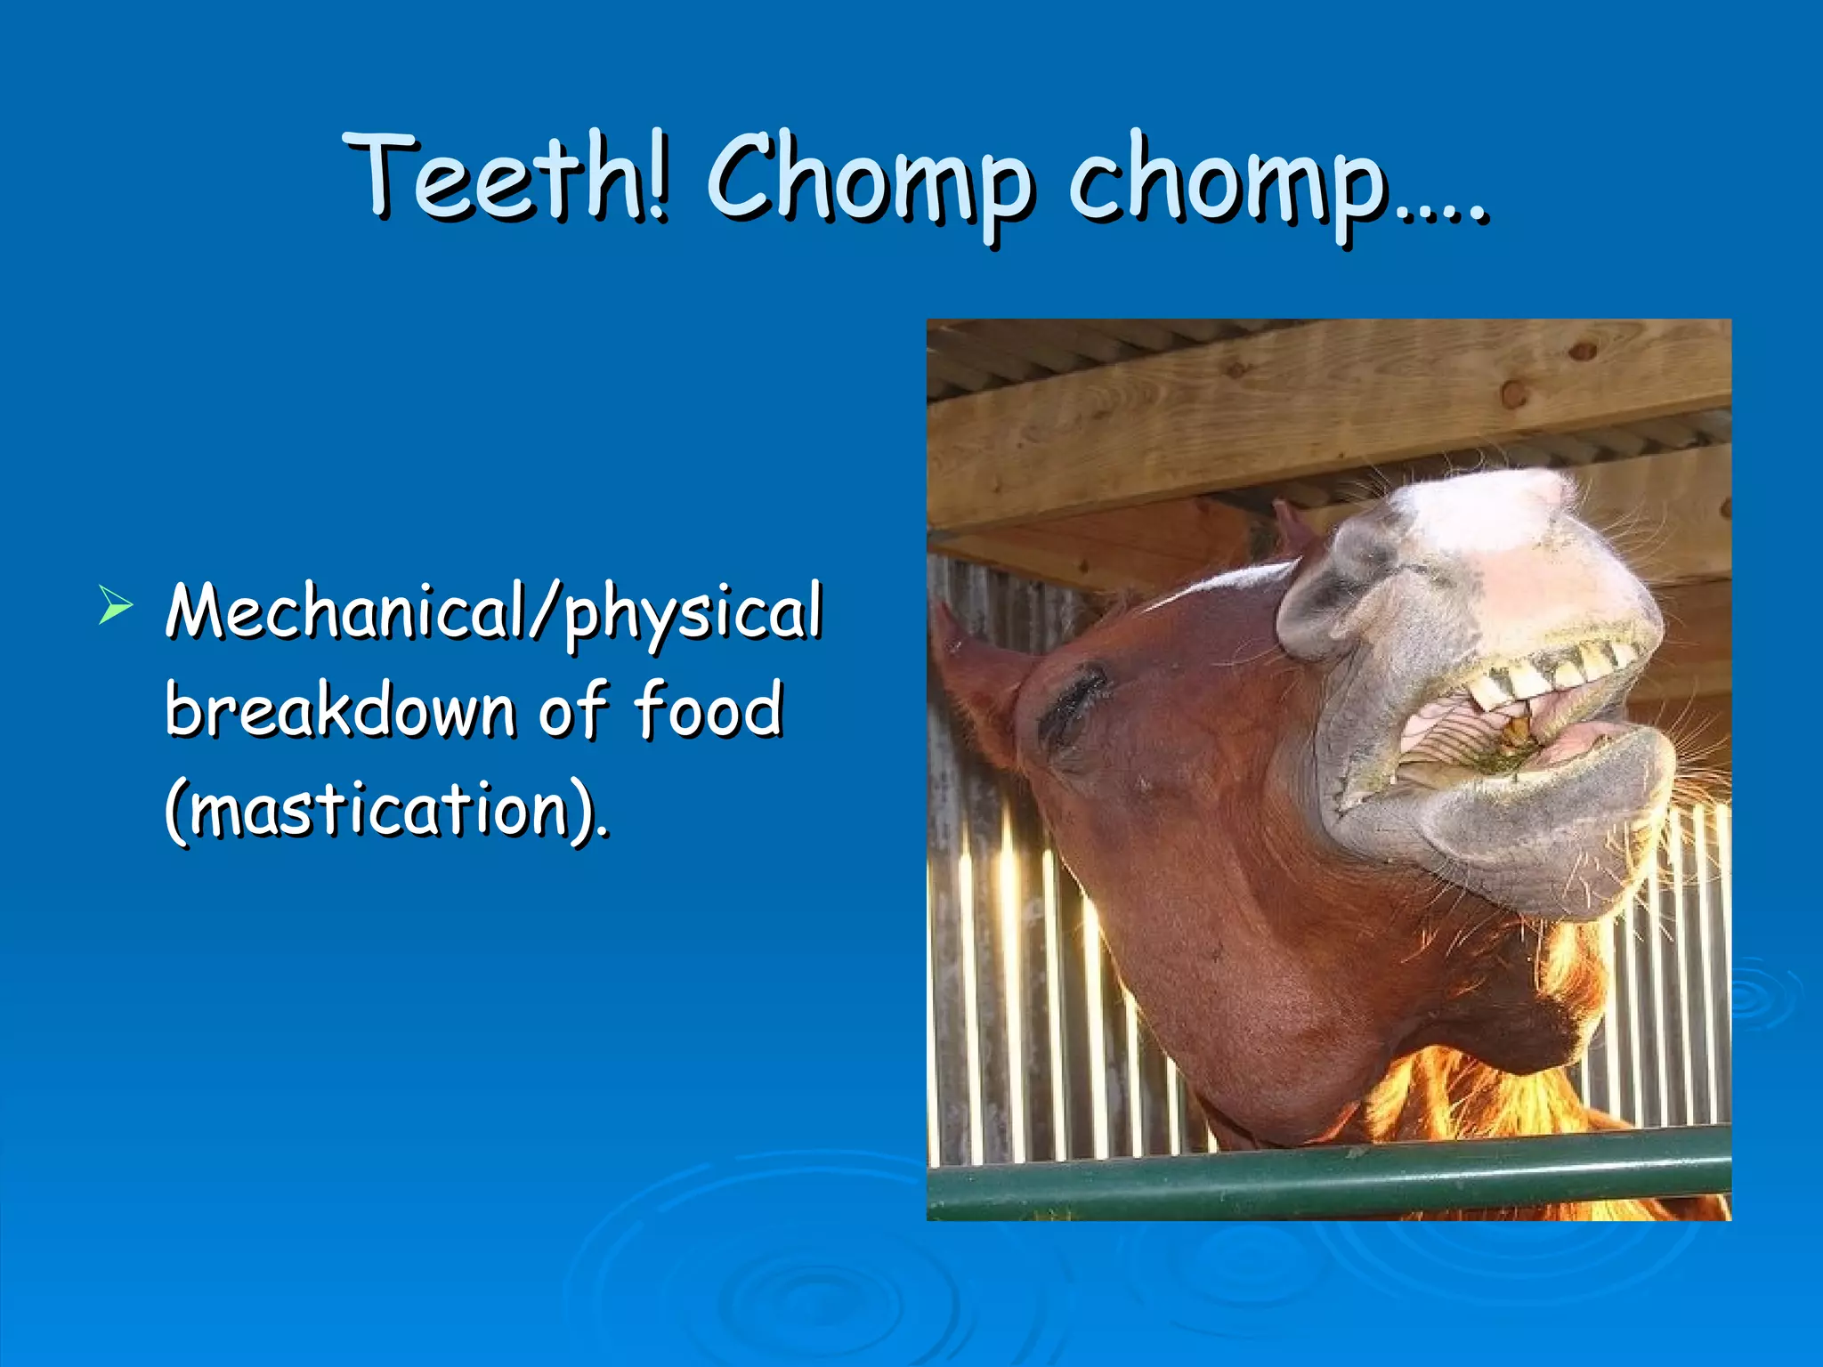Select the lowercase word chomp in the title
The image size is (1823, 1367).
(x=1228, y=182)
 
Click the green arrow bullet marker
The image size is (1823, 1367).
(x=116, y=605)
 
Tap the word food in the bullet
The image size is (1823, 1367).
(x=709, y=710)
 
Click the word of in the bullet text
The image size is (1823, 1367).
(x=574, y=710)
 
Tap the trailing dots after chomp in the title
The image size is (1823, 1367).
(x=1442, y=214)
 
